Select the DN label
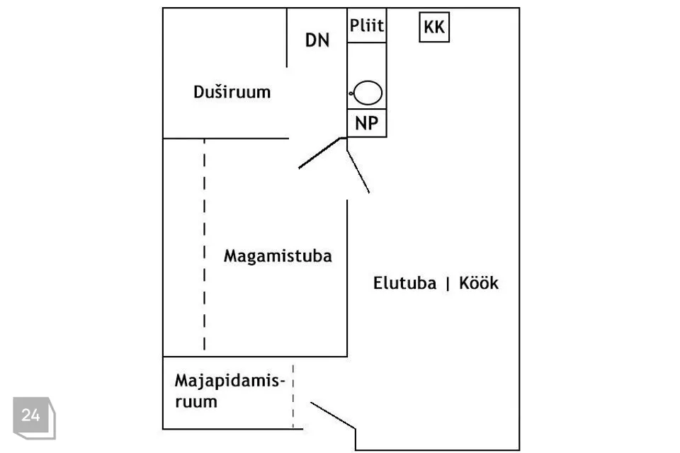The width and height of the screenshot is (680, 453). [317, 40]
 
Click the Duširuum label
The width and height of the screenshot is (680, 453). [232, 92]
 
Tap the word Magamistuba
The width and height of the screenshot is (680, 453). [278, 256]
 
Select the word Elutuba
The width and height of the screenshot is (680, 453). [404, 283]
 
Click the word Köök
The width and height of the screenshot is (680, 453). [479, 283]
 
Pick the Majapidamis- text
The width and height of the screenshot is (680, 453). [229, 381]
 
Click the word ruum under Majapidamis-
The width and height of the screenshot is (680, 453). [196, 402]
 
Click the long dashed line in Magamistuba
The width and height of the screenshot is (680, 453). [204, 244]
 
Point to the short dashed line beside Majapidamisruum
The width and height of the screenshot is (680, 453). [293, 396]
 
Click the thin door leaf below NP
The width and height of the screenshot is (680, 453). [358, 172]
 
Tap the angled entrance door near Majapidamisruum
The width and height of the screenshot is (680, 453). [333, 415]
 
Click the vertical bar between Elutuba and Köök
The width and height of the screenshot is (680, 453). [448, 284]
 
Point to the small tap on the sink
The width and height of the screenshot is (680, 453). [351, 93]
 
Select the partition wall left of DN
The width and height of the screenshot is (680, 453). [287, 38]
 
